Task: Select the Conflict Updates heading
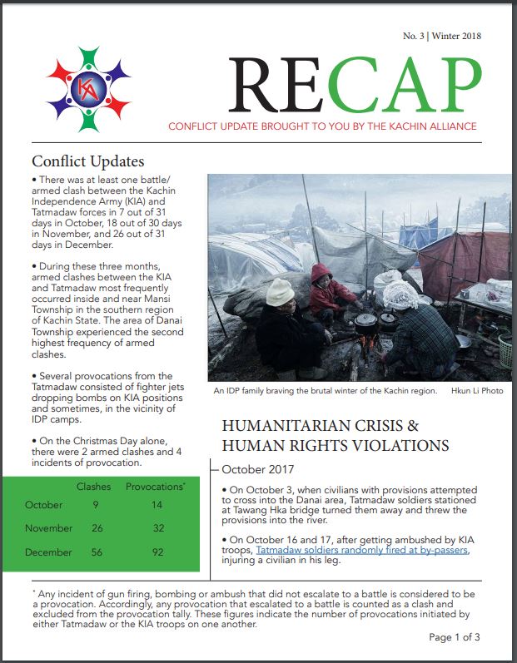point(87,161)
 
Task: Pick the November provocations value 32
point(160,528)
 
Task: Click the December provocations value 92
point(160,552)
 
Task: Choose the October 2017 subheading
point(260,470)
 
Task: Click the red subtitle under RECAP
point(322,126)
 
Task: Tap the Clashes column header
point(93,485)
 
